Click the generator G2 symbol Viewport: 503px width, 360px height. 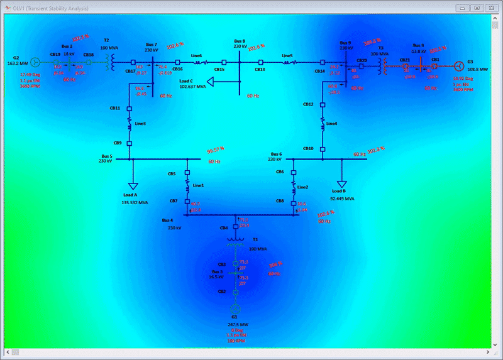pos(36,62)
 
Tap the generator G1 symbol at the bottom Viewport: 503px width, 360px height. pos(236,310)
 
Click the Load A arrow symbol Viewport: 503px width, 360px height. pos(133,186)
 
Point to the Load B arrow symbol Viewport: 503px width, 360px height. pos(340,181)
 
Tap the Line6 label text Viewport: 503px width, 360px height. pos(197,56)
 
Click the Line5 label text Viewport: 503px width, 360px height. pos(287,56)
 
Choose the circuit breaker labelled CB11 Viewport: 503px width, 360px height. pos(129,108)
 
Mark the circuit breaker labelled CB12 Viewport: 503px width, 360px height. pos(322,104)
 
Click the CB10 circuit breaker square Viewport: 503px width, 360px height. pos(322,149)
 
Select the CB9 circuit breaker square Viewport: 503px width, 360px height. pos(129,143)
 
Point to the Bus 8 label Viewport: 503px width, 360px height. pos(240,40)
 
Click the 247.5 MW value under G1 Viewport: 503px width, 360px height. pos(235,325)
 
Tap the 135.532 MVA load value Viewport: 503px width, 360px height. pos(135,203)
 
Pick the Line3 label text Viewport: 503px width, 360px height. pos(140,124)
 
